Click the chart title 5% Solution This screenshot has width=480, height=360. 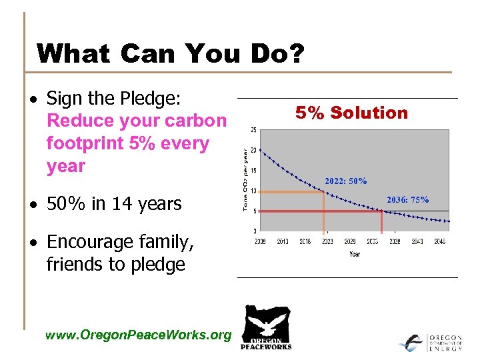(352, 113)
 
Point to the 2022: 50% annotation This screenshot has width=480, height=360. (345, 181)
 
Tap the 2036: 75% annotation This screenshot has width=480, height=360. (408, 199)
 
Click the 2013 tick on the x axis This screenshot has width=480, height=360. (282, 241)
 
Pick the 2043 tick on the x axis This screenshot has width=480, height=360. (417, 241)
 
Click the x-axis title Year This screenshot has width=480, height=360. (355, 253)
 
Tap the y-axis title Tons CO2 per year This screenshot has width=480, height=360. (245, 180)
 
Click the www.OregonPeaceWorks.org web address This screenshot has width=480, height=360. (138, 335)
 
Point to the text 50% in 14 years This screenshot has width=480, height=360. (114, 203)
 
